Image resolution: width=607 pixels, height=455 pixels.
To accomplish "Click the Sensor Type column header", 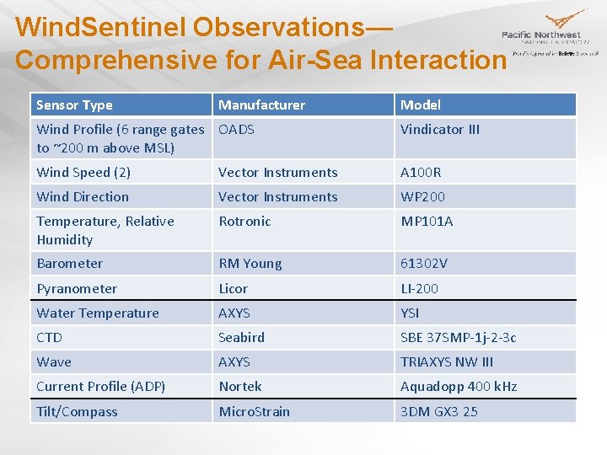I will tap(74, 105).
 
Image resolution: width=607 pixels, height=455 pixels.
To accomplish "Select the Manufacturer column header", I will tap(261, 105).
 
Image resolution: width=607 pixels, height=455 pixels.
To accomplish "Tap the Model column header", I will tap(421, 105).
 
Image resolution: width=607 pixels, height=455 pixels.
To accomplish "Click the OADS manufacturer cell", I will tap(237, 130).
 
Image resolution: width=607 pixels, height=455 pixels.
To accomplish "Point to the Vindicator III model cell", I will tap(439, 130).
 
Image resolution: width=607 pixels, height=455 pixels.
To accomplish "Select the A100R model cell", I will tap(421, 173).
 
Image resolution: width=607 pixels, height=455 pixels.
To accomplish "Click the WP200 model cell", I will tap(422, 197).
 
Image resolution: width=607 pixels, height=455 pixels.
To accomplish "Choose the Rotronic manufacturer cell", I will tap(244, 222).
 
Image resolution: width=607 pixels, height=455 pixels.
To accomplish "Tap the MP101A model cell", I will tap(427, 222).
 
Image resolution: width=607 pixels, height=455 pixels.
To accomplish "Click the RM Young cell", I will tap(250, 264).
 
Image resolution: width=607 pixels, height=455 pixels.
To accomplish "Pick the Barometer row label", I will tap(69, 264).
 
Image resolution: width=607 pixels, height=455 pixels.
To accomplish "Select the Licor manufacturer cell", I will tap(234, 289).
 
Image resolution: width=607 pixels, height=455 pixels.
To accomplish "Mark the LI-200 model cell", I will tap(419, 289).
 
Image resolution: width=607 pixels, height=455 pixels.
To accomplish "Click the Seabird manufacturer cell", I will tap(242, 338).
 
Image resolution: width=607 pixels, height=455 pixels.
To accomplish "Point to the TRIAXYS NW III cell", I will tap(447, 362).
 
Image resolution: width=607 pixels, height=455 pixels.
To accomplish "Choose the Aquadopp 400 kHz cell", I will tap(459, 387).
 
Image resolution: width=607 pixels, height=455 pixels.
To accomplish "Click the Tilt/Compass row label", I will tap(77, 412).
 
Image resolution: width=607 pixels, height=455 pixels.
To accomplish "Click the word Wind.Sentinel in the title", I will tap(100, 27).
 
